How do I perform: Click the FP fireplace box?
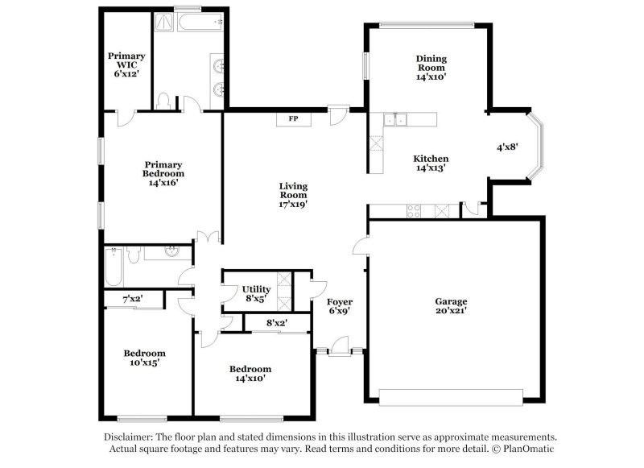click(294, 119)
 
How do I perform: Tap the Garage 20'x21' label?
click(452, 305)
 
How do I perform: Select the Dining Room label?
click(431, 68)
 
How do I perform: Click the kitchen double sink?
click(395, 121)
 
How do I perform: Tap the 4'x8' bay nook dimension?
click(507, 147)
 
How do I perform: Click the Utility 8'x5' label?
click(255, 293)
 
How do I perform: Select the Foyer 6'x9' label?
click(341, 306)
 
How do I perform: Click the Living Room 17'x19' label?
click(293, 195)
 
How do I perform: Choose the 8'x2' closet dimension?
click(276, 323)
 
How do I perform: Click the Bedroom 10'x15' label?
click(145, 358)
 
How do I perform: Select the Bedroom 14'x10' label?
click(250, 373)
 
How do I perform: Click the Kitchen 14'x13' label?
click(431, 164)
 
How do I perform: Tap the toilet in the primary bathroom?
click(164, 101)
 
